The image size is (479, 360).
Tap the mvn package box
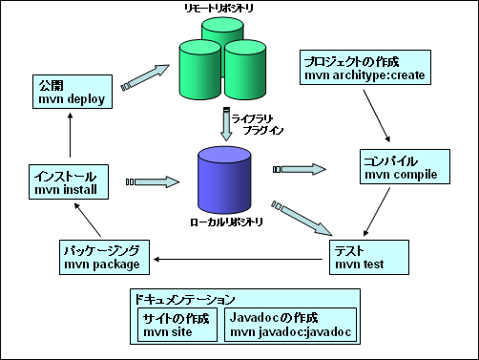tap(103, 257)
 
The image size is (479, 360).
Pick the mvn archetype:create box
tap(362, 67)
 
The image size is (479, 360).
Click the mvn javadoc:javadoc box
tap(291, 325)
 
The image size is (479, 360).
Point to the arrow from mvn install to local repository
tap(157, 180)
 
